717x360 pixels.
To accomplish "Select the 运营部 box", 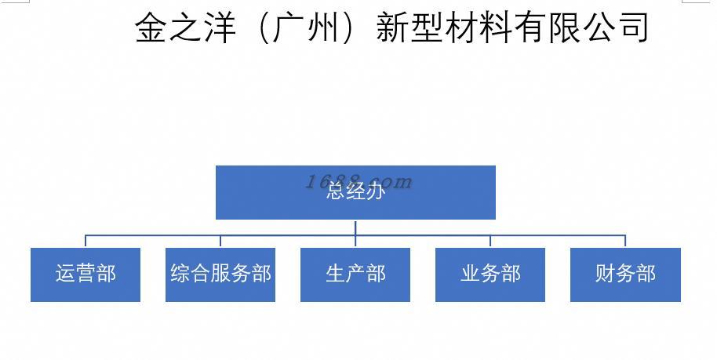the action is click(x=86, y=275).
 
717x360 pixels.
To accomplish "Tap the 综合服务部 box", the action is click(x=220, y=275).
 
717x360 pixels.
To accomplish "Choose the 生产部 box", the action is click(x=355, y=275).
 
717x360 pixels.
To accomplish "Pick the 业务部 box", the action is click(x=490, y=275).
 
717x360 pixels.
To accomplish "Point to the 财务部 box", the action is click(x=625, y=275).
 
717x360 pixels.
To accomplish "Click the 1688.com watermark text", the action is click(x=358, y=182).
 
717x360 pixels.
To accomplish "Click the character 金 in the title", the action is click(x=154, y=27).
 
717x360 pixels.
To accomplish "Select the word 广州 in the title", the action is click(x=307, y=27).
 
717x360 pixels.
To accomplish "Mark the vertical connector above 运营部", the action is click(x=86, y=242).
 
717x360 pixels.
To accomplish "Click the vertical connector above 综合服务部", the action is click(x=220, y=242).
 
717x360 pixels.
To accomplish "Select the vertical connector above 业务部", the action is click(x=490, y=242).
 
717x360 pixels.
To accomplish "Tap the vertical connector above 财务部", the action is click(x=625, y=242).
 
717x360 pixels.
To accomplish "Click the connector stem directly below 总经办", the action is click(x=355, y=227).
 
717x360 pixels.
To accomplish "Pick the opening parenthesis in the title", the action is click(x=264, y=27).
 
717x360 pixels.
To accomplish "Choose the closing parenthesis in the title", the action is click(x=351, y=27).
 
